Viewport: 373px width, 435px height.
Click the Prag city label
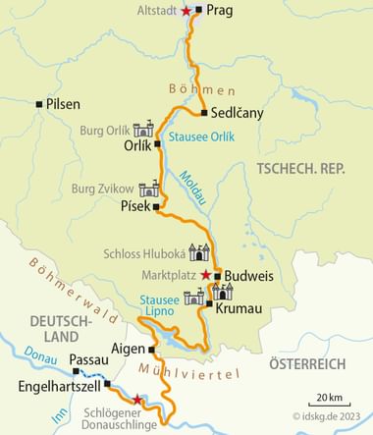[219, 11]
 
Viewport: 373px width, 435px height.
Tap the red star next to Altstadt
[187, 12]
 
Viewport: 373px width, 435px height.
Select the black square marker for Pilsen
[38, 103]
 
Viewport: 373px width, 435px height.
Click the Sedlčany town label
[238, 113]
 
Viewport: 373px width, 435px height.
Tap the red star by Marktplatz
[204, 274]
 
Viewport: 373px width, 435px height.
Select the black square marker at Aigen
[152, 349]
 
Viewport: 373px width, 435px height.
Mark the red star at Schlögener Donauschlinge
[137, 400]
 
